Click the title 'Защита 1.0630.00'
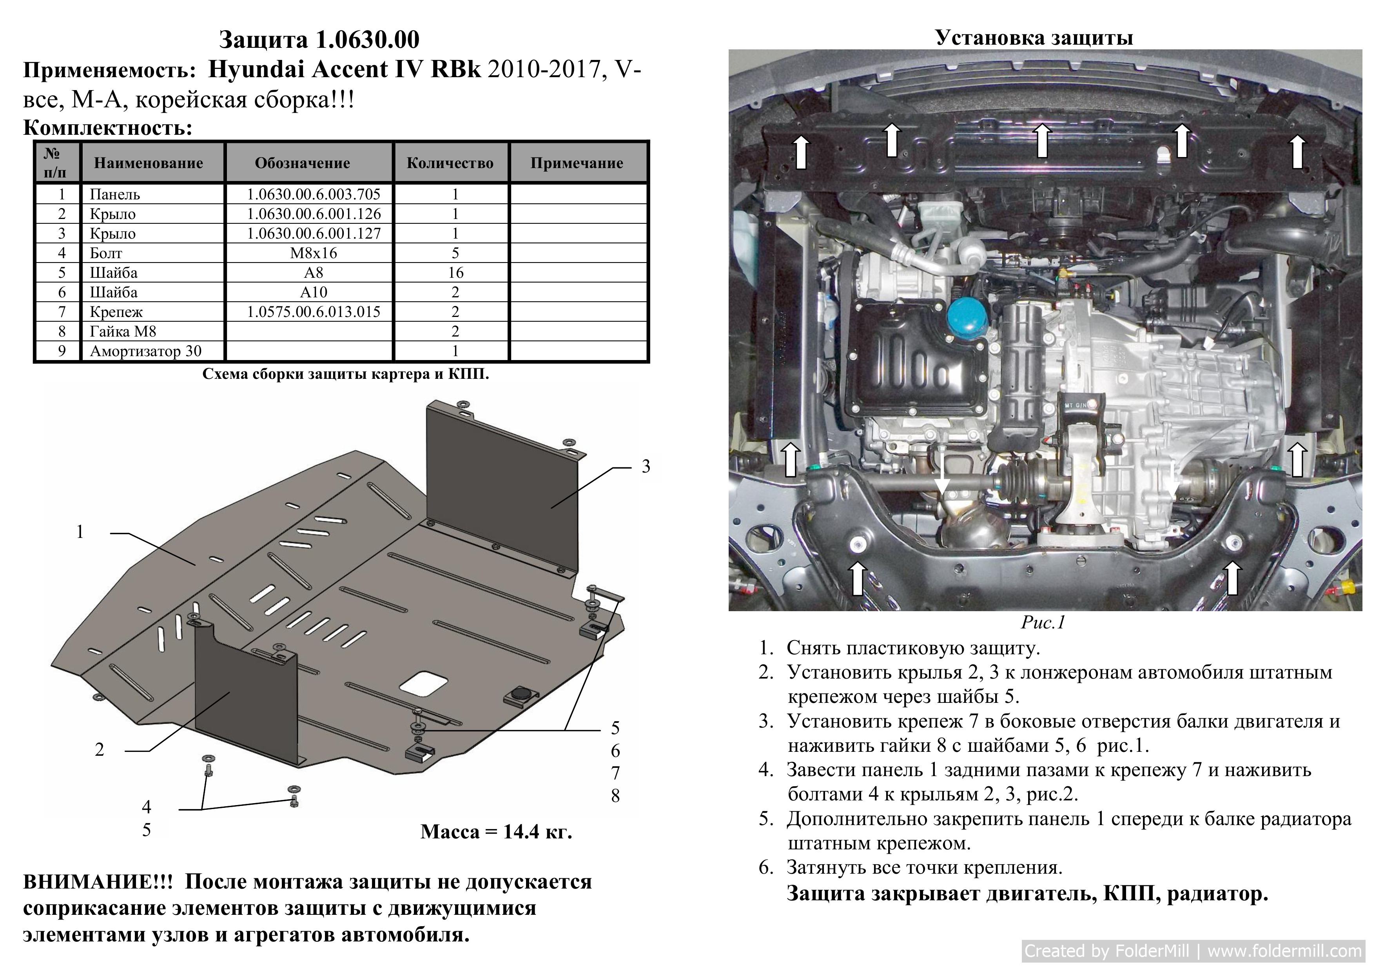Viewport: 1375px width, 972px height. (319, 40)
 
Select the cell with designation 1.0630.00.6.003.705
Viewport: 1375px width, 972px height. (313, 194)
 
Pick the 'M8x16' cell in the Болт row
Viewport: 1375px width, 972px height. (313, 253)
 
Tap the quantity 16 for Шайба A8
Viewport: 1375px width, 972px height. (455, 272)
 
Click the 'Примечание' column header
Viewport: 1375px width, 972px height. (577, 163)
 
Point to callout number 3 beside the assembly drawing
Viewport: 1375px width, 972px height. (646, 466)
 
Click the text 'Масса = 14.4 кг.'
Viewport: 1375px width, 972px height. (496, 831)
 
